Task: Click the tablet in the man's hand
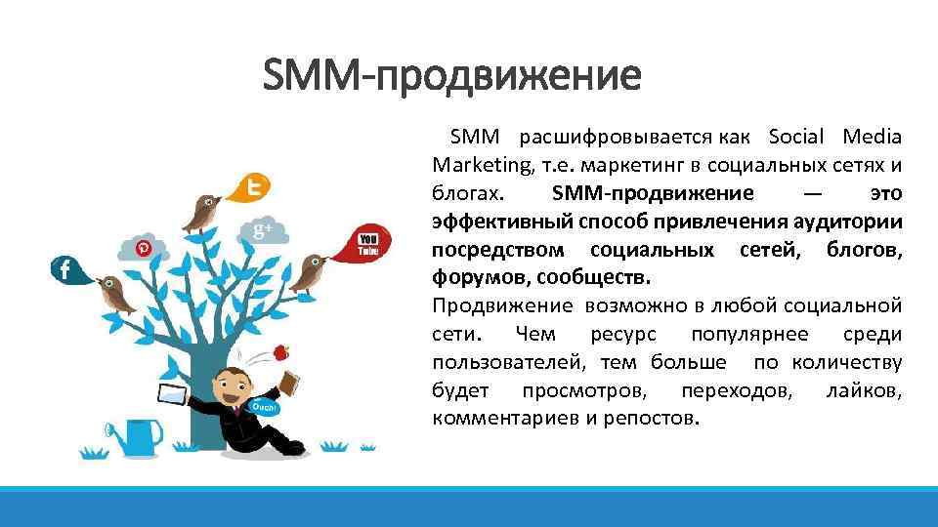(x=173, y=395)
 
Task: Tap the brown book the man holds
(x=290, y=381)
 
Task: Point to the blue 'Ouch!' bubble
(x=264, y=406)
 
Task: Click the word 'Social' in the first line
(x=797, y=136)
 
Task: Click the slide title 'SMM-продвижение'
(x=452, y=76)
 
